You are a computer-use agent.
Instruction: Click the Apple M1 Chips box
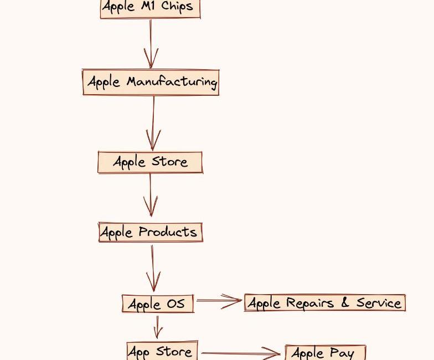point(151,9)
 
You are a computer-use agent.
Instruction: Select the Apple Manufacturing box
point(151,82)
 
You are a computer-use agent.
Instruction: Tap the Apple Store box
point(151,162)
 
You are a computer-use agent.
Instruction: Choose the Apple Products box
point(151,232)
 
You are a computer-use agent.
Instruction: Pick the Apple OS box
point(158,304)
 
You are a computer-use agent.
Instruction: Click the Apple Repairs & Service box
point(325,302)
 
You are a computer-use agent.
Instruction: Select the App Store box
point(163,351)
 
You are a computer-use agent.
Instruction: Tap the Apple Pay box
point(325,352)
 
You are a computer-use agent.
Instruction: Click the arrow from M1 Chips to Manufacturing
point(151,44)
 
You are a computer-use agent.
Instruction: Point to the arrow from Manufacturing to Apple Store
point(153,123)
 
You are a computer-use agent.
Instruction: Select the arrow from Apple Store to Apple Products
point(151,195)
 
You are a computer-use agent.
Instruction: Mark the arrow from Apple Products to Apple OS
point(153,268)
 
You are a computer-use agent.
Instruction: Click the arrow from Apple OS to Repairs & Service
point(219,301)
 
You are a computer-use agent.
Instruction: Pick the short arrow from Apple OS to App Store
point(158,327)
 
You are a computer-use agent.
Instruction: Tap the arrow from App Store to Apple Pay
point(241,353)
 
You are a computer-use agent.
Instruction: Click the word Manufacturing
point(172,82)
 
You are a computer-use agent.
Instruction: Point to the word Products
point(168,232)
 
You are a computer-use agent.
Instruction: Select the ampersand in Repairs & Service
point(345,302)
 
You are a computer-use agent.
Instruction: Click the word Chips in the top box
point(177,7)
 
